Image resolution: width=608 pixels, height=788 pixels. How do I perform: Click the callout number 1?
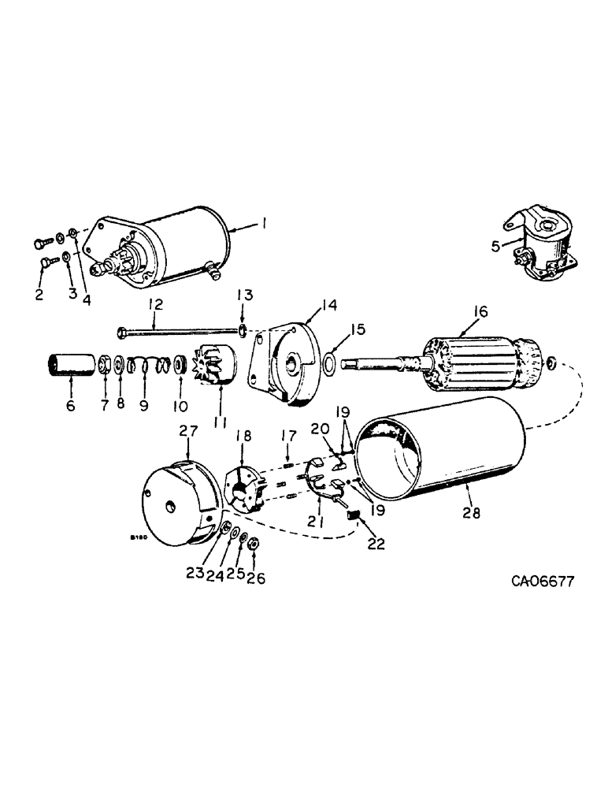tap(265, 225)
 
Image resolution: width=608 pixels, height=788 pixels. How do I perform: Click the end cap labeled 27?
tap(178, 492)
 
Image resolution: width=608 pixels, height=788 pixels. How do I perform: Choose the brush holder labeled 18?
tap(244, 490)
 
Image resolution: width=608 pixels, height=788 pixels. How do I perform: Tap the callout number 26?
tap(257, 578)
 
